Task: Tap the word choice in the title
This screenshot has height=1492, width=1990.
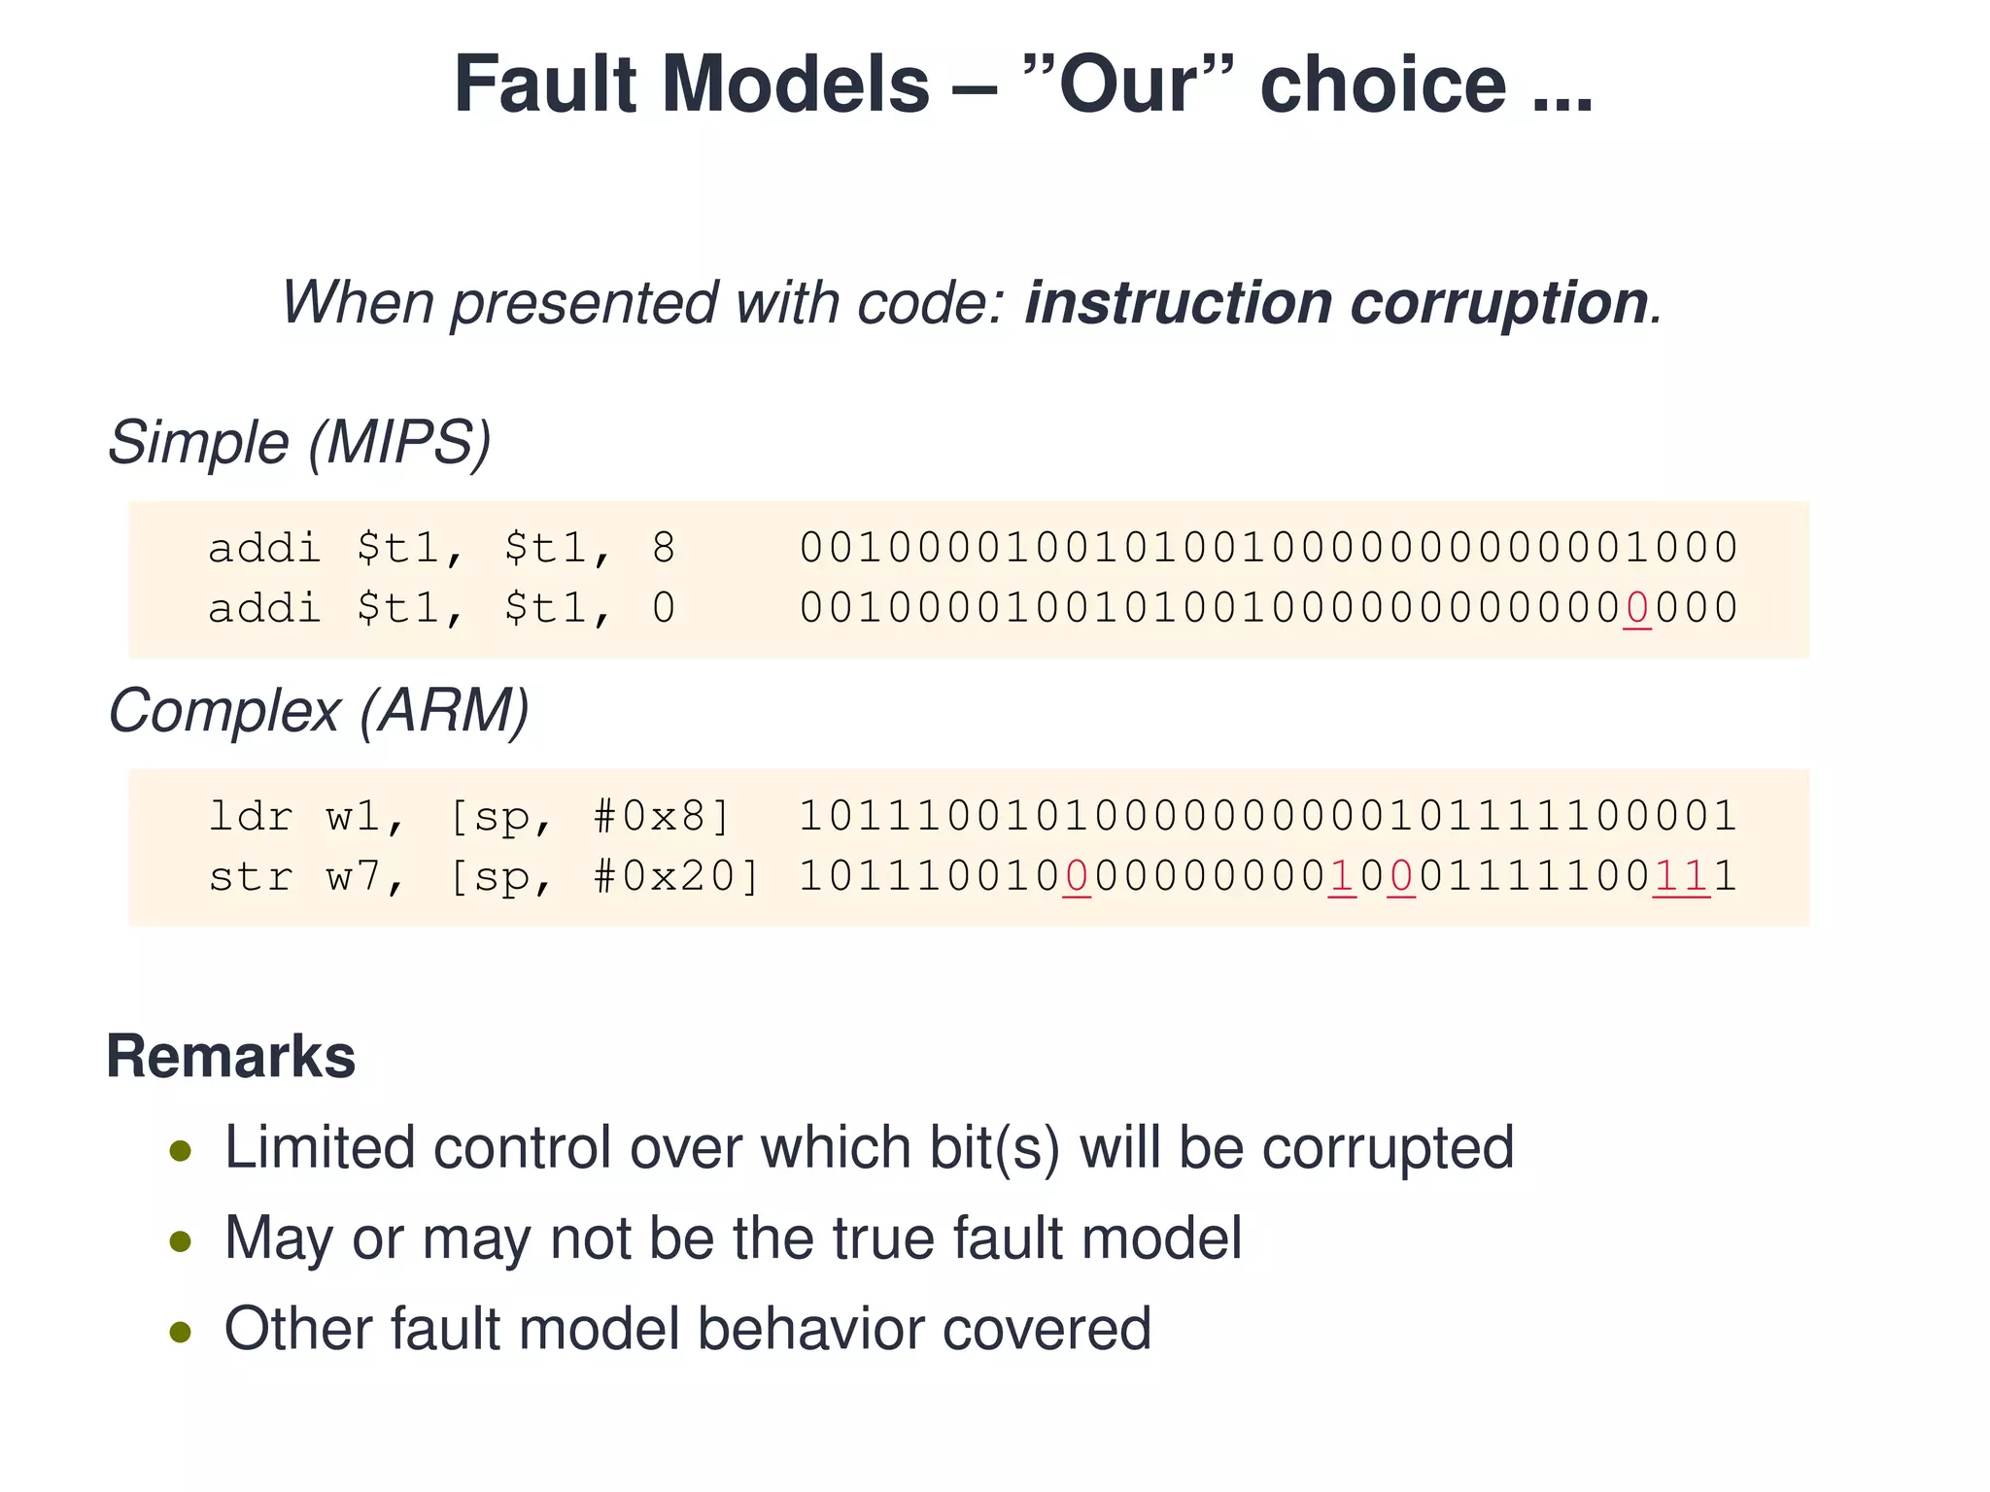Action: click(1384, 85)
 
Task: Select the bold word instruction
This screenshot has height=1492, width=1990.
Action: click(1177, 303)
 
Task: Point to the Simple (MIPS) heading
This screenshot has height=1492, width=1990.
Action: click(299, 443)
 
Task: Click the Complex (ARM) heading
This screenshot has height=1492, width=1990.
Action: click(319, 711)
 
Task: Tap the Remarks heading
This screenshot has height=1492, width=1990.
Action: click(231, 1057)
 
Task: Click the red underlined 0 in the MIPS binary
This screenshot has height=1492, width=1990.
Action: click(1637, 609)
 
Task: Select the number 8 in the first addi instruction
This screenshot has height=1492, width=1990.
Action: click(664, 549)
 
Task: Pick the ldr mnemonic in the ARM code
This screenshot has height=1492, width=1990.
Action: click(251, 817)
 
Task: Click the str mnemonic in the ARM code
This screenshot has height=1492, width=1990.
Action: click(251, 877)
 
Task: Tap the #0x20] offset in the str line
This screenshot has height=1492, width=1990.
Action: click(676, 877)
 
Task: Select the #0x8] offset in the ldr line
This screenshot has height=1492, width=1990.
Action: click(662, 817)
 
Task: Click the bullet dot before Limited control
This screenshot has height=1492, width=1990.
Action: click(180, 1151)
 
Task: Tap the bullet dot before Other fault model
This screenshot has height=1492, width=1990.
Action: click(180, 1331)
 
